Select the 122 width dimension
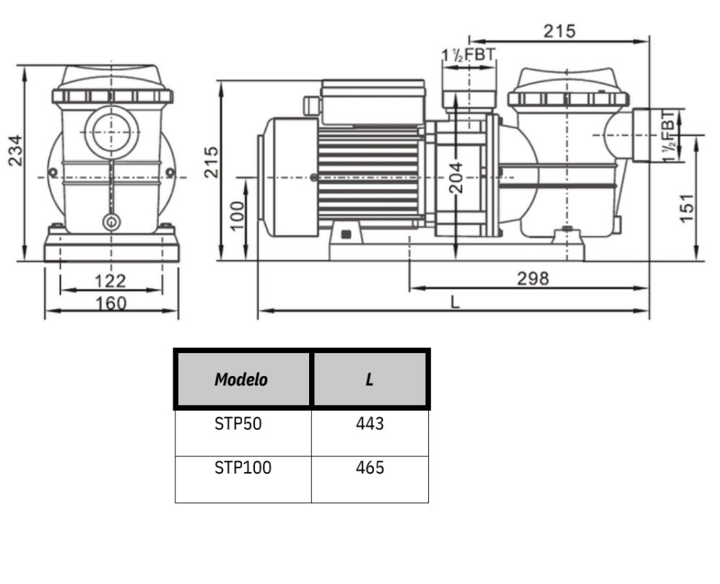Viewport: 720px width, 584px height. pos(110,280)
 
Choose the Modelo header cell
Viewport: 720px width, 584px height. pos(241,380)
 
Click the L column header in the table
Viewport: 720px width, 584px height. pos(370,380)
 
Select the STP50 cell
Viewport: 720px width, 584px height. pos(238,424)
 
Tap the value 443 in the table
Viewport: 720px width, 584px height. pos(370,424)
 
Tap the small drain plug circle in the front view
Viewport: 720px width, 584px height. pos(110,222)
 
